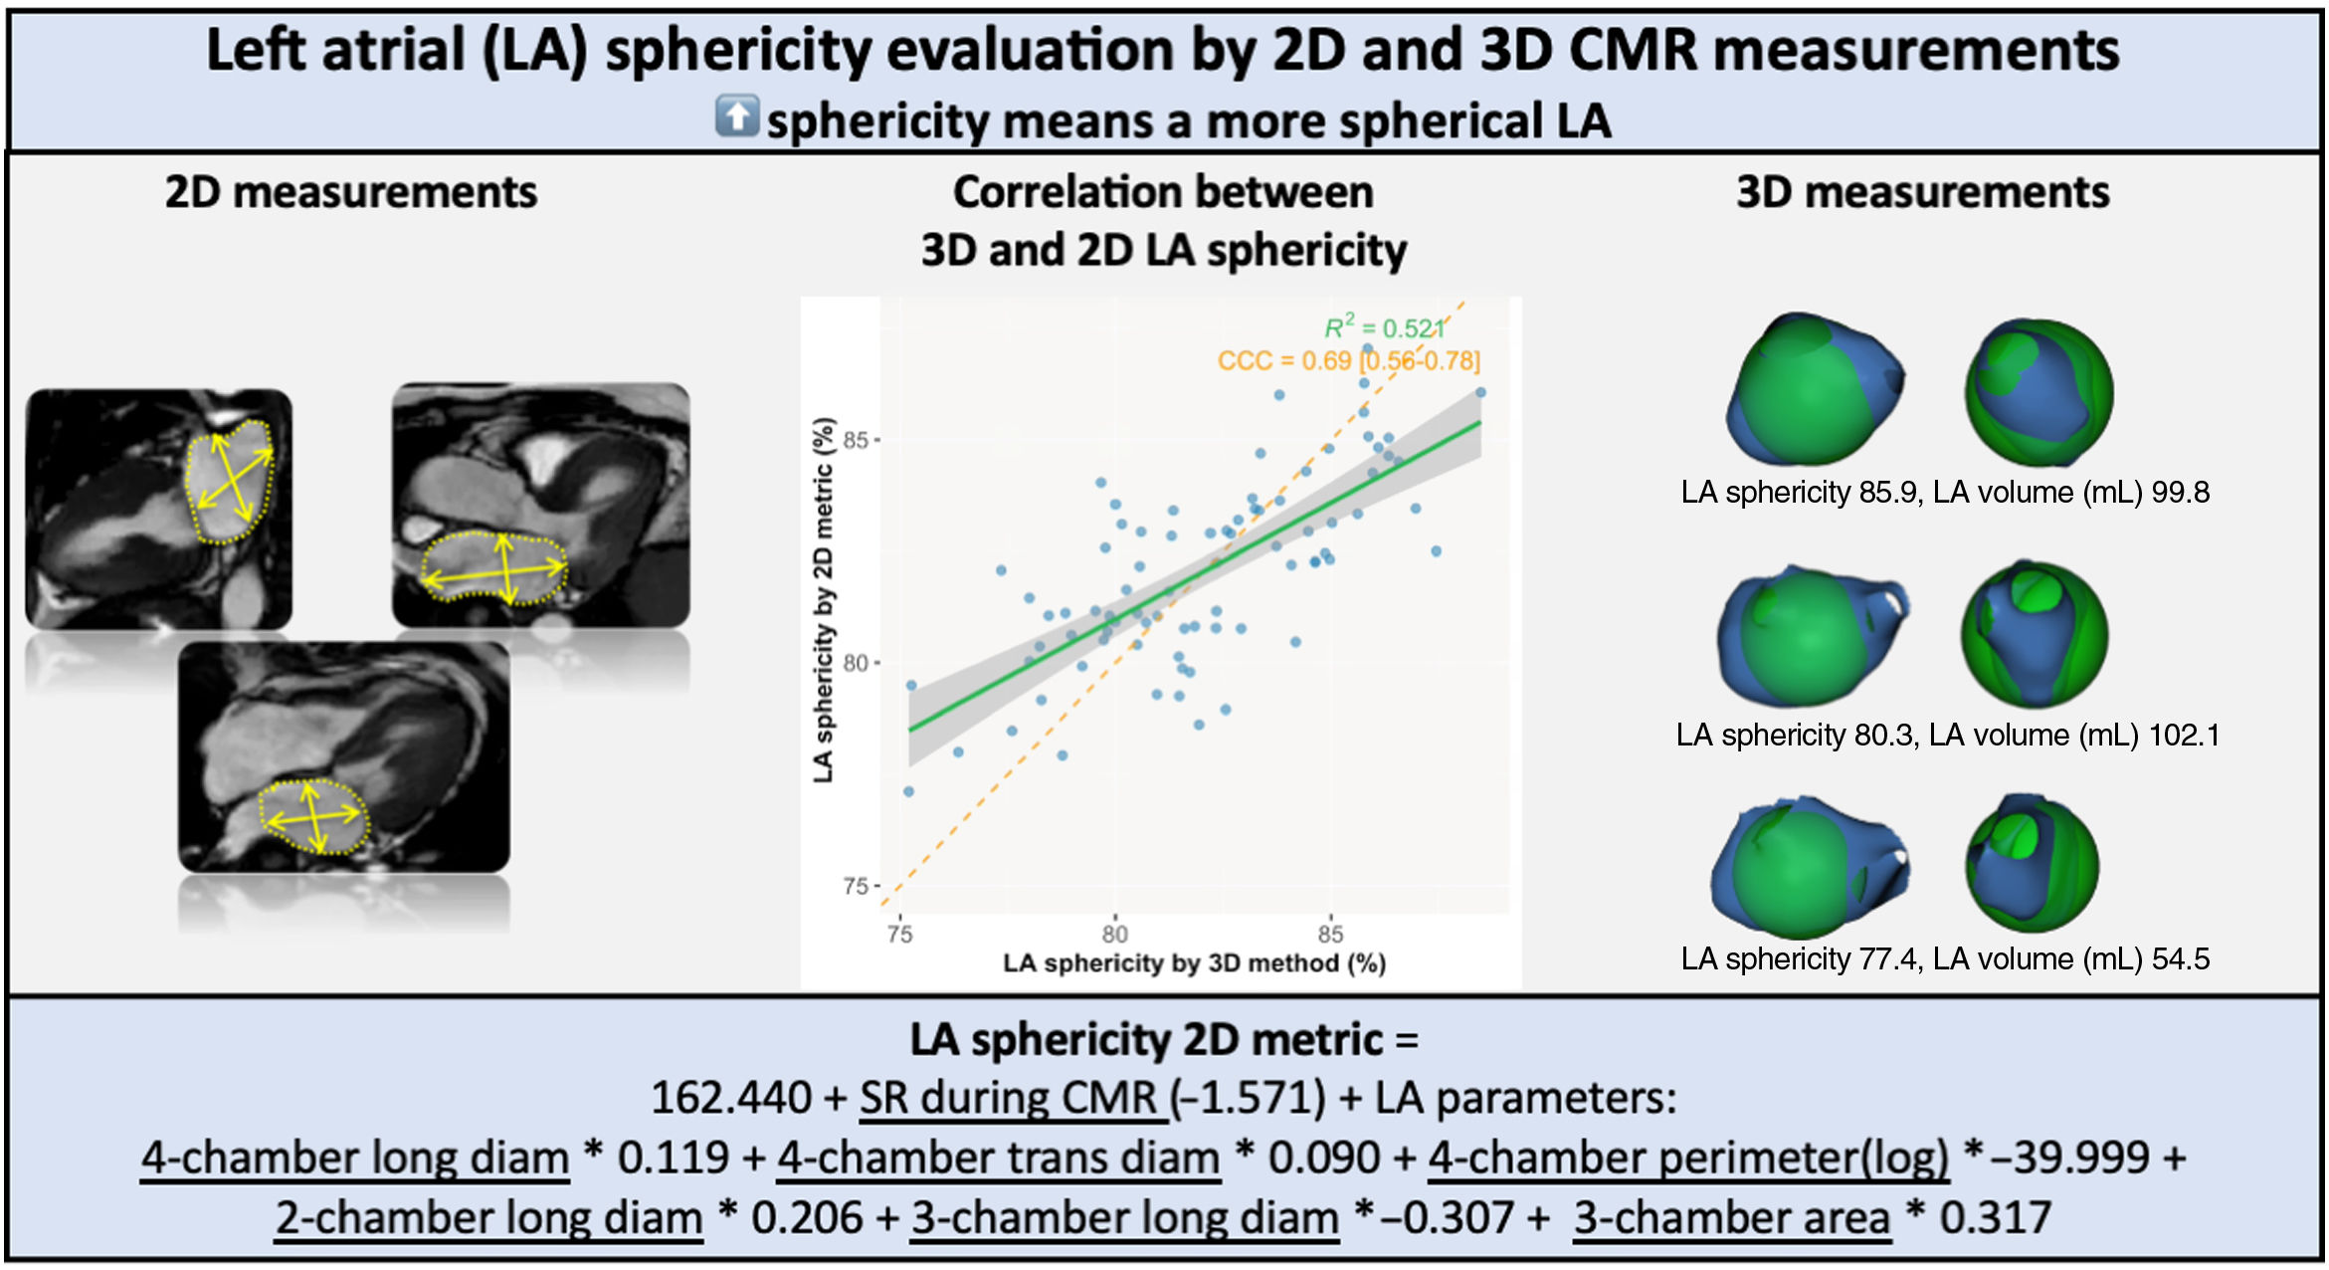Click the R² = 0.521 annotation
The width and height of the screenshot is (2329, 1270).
click(x=1384, y=327)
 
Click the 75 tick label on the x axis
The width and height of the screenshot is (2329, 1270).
click(x=899, y=934)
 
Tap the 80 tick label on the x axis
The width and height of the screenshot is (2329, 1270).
click(x=1114, y=934)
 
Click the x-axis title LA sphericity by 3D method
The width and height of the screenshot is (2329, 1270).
click(x=1194, y=962)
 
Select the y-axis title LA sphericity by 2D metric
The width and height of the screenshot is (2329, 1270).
click(x=823, y=599)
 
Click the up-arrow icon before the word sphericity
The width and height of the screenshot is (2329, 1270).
click(x=737, y=116)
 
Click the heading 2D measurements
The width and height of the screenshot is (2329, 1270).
click(x=350, y=191)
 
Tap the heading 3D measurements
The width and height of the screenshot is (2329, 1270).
click(x=1922, y=191)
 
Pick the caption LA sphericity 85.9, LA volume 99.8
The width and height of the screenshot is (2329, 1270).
click(x=1944, y=492)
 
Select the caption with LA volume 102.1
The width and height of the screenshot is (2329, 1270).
click(x=1947, y=735)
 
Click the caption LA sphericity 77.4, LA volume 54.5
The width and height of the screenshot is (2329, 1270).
click(x=1944, y=958)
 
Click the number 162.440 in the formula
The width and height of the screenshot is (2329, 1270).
click(x=731, y=1098)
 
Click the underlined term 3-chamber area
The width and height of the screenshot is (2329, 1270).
click(x=1731, y=1217)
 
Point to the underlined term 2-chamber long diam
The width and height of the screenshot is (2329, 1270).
click(x=488, y=1217)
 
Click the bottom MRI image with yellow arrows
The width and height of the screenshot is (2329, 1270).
click(x=343, y=756)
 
